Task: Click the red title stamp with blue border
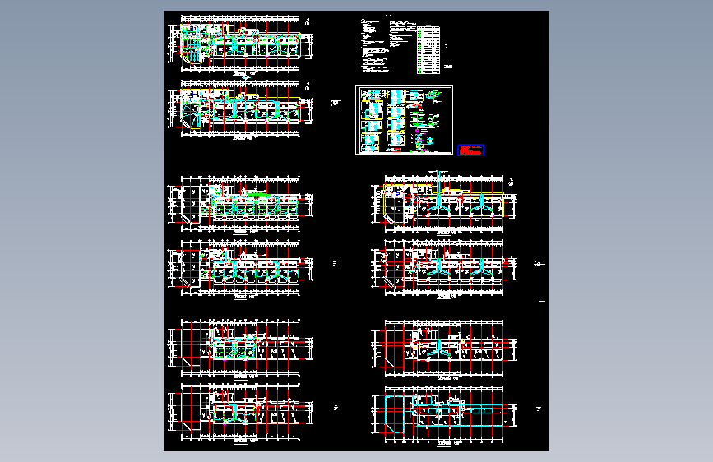[x=471, y=150]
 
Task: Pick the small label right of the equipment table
[x=447, y=67]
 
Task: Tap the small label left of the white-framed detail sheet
[x=336, y=103]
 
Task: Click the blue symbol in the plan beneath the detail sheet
[x=396, y=192]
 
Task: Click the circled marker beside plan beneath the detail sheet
[x=512, y=182]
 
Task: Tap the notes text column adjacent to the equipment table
[x=401, y=41]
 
